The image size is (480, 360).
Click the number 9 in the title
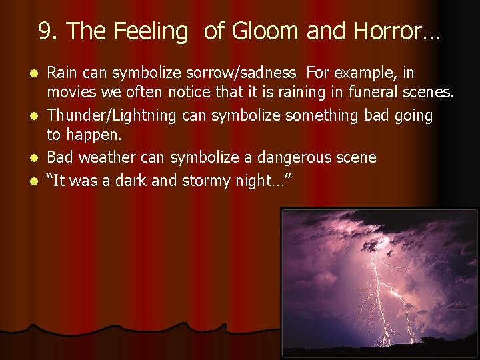click(x=45, y=31)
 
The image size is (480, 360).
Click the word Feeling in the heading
click(x=151, y=31)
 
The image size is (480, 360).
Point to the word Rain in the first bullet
click(x=61, y=72)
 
